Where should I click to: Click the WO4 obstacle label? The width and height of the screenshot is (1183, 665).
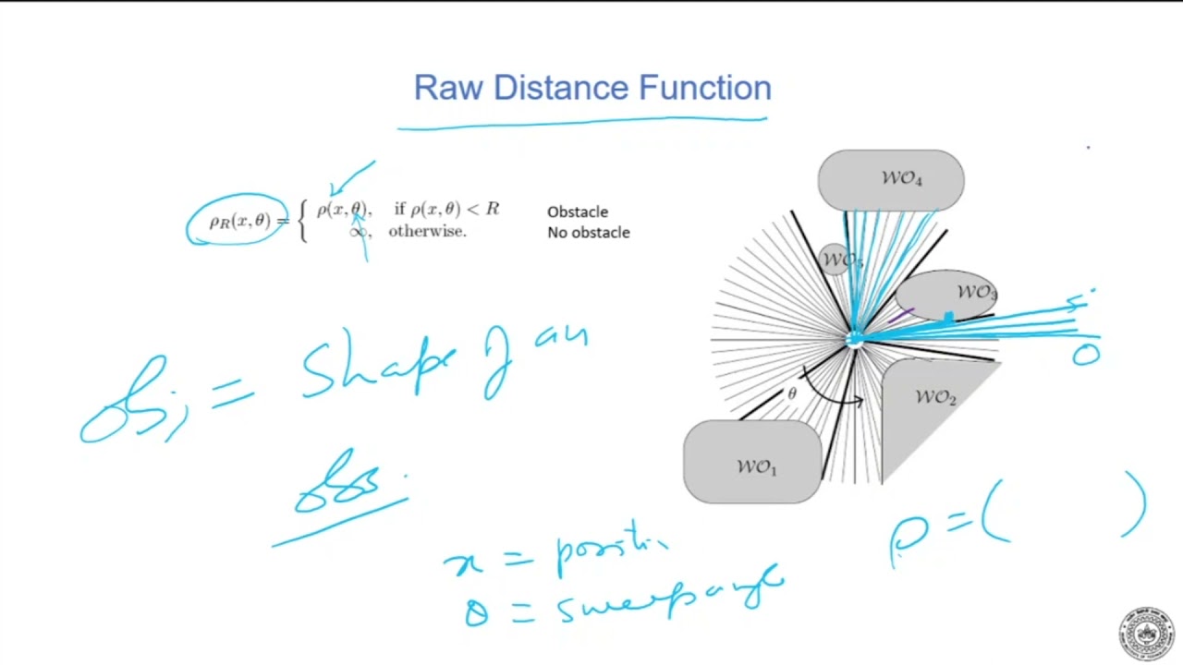point(901,178)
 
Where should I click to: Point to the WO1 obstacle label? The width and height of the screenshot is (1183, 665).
point(756,467)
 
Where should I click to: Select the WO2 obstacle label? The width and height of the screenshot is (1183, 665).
point(935,397)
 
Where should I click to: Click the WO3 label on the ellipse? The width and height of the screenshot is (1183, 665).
point(976,294)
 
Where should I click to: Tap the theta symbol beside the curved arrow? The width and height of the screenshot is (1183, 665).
point(791,394)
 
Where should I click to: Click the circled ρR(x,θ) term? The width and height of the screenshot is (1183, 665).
point(239,222)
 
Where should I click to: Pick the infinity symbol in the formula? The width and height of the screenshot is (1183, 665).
point(358,232)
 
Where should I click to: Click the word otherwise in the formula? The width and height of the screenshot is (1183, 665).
point(427,232)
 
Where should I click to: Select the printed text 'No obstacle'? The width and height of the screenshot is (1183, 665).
point(588,233)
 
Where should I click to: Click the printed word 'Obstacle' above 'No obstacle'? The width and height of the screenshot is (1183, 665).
point(578,212)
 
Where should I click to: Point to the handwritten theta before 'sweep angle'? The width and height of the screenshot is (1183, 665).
point(476,610)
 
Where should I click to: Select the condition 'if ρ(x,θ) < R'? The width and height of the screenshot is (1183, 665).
point(446,210)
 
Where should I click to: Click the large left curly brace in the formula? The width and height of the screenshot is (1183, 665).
point(303,222)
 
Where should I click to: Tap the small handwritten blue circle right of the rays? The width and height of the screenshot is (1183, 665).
point(1085,355)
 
